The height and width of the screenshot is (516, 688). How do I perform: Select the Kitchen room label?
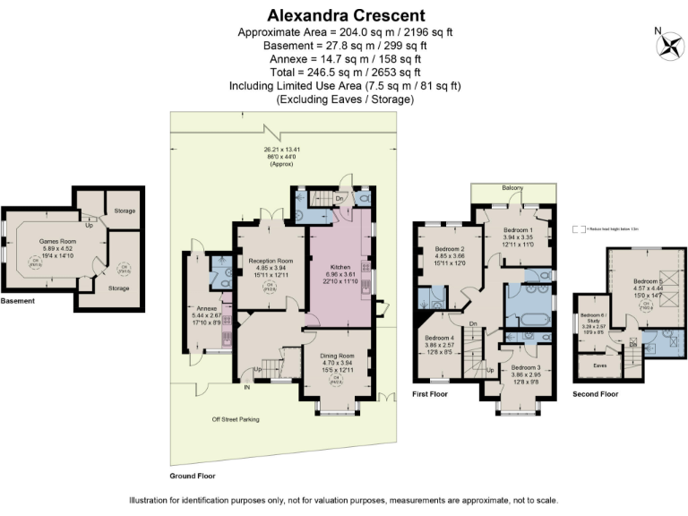340,267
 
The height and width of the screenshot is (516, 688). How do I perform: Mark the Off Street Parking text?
235,419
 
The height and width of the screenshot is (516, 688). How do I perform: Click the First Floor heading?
431,393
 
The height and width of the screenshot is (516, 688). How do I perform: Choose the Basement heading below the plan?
18,301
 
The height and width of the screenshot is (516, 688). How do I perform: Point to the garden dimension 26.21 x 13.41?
281,150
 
